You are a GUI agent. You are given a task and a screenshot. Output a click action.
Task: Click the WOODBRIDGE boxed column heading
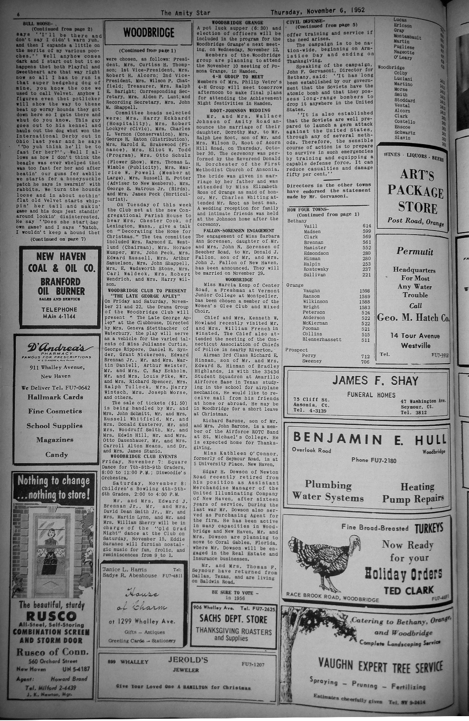[149, 32]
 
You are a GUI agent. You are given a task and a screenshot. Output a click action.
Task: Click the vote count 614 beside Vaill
[367, 226]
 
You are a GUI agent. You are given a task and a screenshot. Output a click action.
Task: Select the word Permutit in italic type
[415, 252]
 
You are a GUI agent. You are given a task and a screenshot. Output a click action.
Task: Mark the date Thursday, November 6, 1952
[318, 10]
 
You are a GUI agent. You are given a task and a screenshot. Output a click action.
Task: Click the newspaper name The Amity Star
[185, 12]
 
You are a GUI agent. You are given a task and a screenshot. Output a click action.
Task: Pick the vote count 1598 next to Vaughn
[365, 291]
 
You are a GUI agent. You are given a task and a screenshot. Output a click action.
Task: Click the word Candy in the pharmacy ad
[57, 455]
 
